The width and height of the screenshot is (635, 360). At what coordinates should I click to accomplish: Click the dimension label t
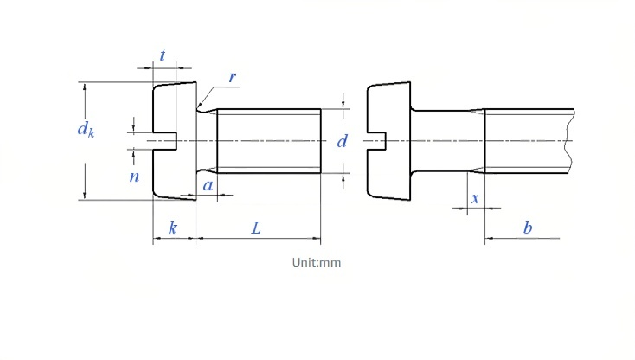[163, 55]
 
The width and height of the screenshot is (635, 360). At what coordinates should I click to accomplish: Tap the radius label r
[233, 76]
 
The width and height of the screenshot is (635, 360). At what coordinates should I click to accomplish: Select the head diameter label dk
[86, 129]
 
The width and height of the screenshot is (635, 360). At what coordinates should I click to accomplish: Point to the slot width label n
[134, 177]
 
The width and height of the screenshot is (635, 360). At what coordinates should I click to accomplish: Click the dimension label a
[208, 185]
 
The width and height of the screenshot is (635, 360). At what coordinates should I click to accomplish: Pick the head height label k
[173, 228]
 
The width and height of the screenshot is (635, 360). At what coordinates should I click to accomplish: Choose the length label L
[256, 228]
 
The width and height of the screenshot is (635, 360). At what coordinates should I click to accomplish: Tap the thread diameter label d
[343, 141]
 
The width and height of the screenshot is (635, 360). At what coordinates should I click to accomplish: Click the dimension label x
[475, 198]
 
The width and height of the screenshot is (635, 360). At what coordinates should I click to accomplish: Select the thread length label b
[527, 228]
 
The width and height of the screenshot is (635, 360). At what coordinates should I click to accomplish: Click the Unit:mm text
[317, 262]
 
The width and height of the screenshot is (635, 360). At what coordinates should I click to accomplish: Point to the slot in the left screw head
[165, 141]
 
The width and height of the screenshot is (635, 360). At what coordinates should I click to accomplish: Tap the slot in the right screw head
[376, 141]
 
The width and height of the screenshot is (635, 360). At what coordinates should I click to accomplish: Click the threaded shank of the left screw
[269, 141]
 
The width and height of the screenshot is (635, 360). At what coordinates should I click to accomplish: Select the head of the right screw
[388, 141]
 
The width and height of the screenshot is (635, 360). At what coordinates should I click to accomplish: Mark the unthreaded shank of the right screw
[447, 141]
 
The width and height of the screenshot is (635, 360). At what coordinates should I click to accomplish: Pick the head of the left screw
[175, 141]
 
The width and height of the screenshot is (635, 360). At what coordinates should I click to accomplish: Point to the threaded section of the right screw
[529, 141]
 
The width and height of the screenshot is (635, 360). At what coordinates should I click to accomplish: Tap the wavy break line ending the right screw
[572, 141]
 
